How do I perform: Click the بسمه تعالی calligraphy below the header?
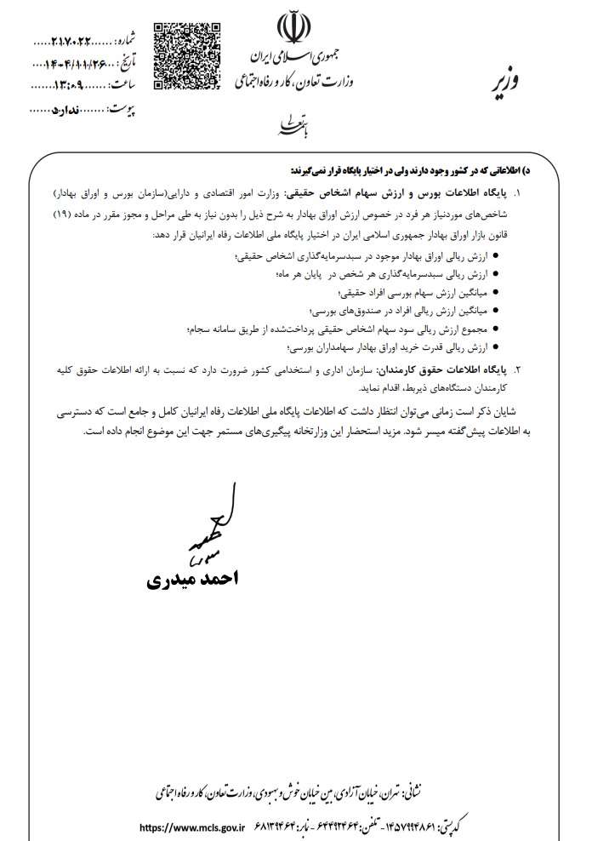[287, 127]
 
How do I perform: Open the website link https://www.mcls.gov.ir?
[191, 826]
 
